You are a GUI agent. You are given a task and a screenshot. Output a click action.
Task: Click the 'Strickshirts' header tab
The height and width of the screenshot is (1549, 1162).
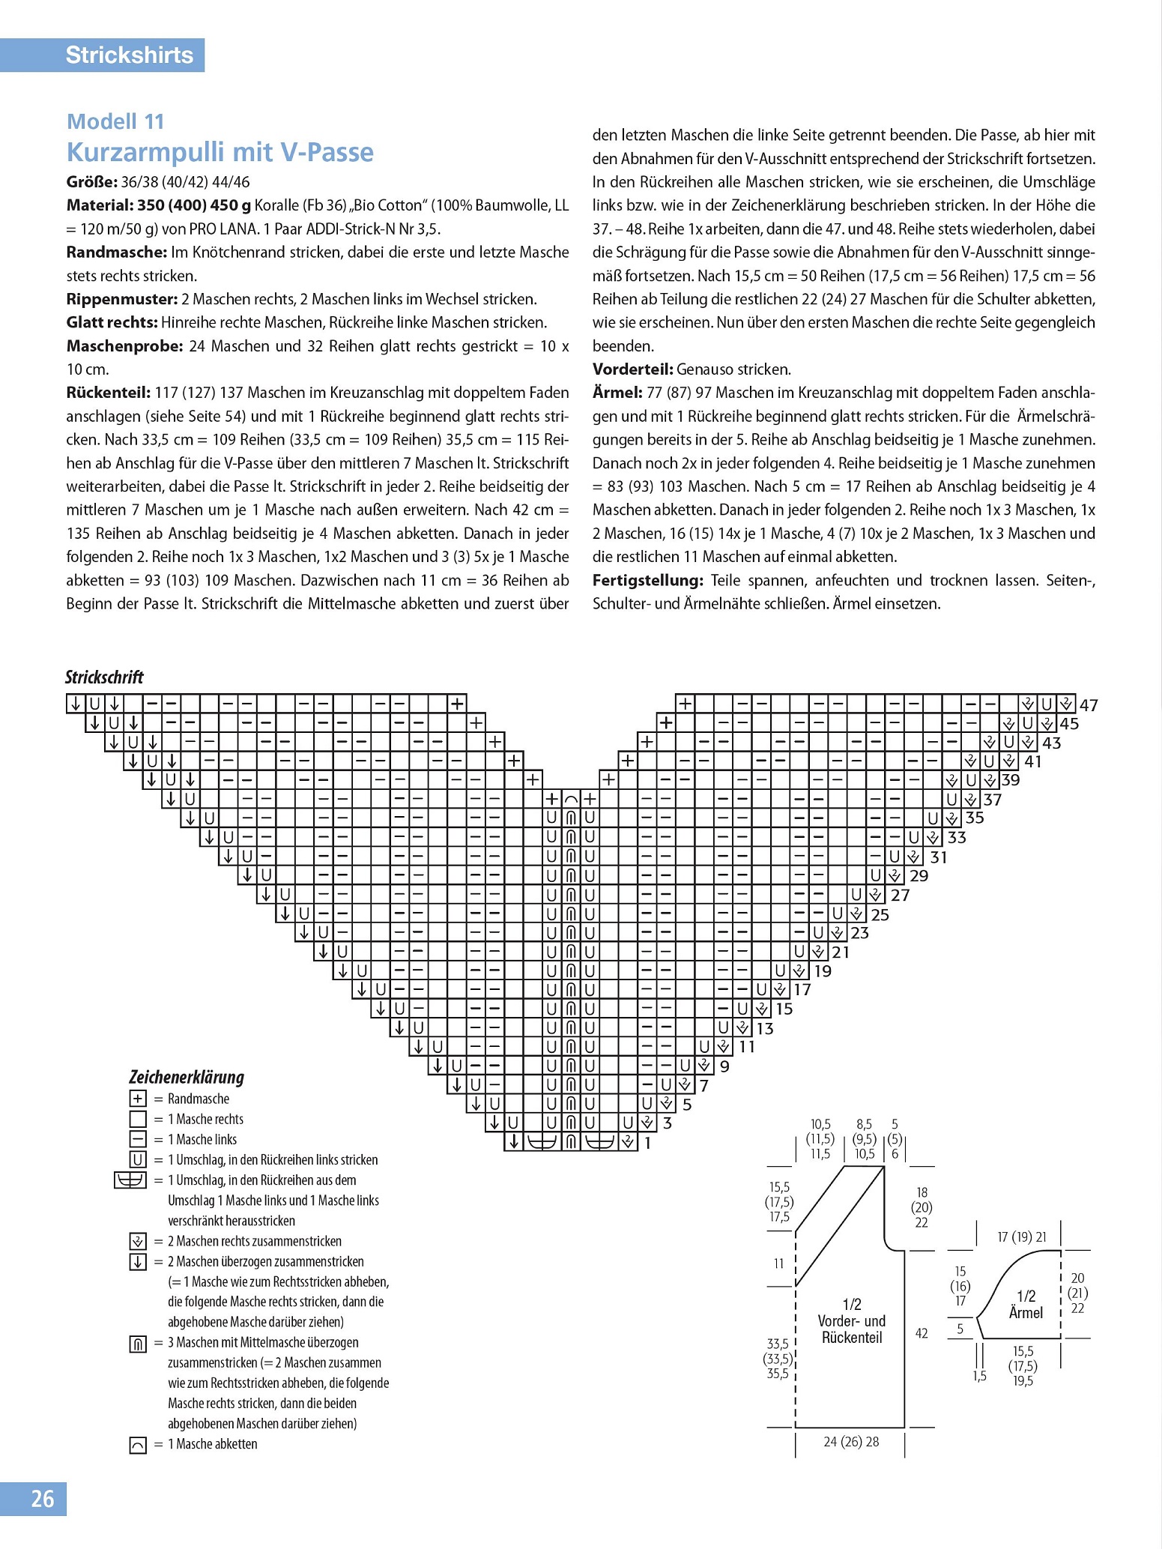129,55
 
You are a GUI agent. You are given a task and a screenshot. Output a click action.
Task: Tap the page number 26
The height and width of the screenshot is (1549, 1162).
42,1499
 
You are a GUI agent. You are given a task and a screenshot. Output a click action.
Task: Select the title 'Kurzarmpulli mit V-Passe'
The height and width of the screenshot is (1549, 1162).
220,152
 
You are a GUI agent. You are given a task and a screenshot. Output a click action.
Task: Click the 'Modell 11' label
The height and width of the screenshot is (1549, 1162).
115,121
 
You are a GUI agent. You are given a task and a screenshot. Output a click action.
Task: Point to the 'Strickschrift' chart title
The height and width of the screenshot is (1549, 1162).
104,677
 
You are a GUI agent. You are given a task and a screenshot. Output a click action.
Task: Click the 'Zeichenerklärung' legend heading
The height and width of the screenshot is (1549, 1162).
187,1077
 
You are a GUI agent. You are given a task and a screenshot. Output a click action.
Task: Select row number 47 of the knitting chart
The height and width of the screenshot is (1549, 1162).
1089,705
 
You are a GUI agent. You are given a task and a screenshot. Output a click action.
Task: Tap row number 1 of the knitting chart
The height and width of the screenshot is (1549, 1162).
647,1144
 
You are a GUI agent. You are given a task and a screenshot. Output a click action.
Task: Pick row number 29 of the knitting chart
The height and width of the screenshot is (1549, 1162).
919,876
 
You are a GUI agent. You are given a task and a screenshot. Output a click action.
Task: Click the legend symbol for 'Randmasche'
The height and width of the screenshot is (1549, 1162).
138,1099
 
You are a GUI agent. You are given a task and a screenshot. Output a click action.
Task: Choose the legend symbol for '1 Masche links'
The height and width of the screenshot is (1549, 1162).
138,1140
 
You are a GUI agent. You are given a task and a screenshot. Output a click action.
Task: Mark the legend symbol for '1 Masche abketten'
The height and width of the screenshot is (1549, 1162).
138,1444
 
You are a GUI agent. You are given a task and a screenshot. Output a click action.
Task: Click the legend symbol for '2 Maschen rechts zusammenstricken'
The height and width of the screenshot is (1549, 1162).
138,1241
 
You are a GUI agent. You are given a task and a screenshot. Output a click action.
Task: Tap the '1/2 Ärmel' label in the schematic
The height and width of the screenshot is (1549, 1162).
1026,1305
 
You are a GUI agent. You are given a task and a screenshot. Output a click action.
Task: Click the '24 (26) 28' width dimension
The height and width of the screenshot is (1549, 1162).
851,1442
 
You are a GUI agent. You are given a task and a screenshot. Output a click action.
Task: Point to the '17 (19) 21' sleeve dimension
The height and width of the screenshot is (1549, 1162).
1021,1237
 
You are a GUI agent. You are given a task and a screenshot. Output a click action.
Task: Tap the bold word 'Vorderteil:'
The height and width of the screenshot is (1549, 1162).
632,369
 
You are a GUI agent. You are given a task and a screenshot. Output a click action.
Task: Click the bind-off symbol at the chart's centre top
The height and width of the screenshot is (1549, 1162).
571,799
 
